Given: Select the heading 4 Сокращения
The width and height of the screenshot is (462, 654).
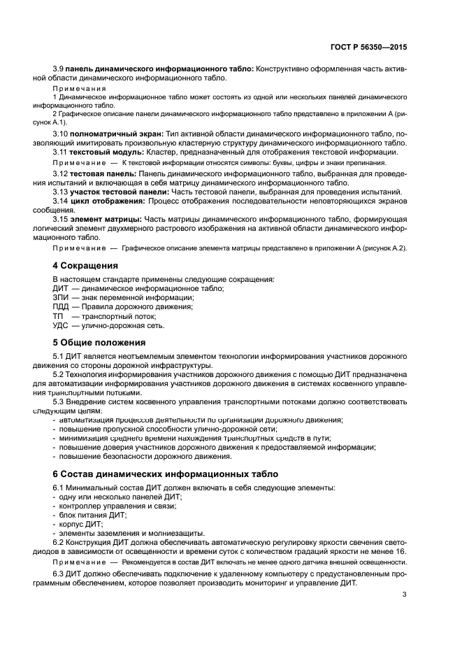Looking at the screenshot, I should (x=86, y=266).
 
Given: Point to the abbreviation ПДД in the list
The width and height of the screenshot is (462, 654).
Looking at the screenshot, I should (x=61, y=306).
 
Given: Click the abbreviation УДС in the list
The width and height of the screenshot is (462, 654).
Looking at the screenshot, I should (x=61, y=325).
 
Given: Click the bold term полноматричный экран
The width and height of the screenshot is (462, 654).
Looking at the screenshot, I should (x=116, y=133).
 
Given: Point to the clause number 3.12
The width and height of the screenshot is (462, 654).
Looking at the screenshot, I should (x=60, y=173).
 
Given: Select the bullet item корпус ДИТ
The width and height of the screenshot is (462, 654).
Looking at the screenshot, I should (x=80, y=523).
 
